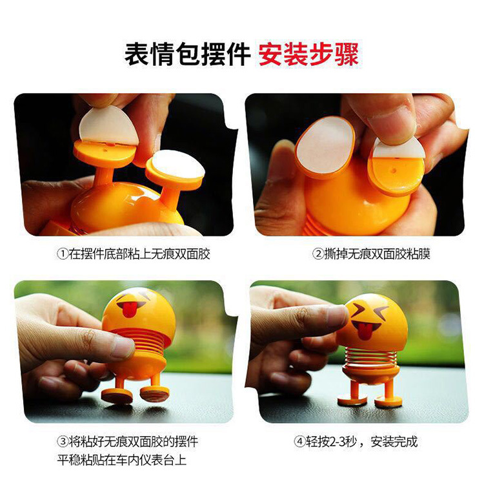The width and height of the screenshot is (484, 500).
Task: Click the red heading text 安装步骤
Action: (308, 54)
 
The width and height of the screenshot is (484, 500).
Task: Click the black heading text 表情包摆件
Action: (187, 54)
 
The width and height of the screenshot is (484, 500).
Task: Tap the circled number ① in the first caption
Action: (63, 254)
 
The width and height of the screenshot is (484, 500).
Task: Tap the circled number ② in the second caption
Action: (318, 254)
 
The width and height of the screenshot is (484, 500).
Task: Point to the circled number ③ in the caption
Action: (63, 441)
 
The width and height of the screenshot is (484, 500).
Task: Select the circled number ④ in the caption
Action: (299, 441)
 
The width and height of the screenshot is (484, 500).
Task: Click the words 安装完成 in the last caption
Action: (394, 442)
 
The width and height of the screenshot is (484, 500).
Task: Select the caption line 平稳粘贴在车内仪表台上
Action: (122, 460)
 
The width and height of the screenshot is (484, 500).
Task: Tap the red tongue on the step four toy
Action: (363, 331)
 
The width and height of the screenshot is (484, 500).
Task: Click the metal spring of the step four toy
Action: (370, 357)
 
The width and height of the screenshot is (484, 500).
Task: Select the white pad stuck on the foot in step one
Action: (177, 165)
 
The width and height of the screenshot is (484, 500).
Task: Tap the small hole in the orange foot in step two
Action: (394, 171)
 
